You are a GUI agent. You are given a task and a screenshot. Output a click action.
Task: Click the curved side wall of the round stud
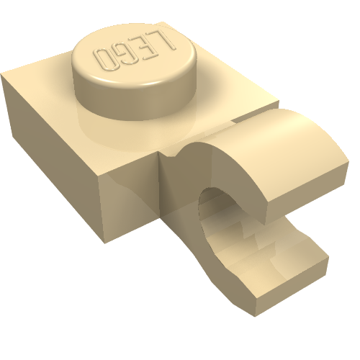pyautogui.click(x=135, y=101)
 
